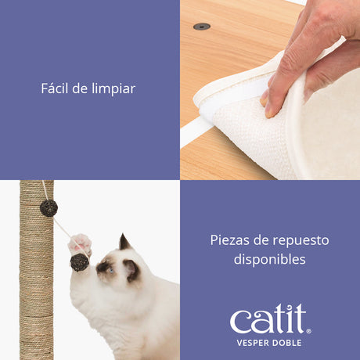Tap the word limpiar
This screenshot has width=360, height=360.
pos(113,89)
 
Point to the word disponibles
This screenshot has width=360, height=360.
pos(269,259)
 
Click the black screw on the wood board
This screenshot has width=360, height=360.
pos(201,27)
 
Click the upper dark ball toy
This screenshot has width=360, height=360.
pos(49,207)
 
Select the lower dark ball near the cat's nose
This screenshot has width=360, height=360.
pos(79,262)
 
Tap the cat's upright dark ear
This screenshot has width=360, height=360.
pos(124,242)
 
